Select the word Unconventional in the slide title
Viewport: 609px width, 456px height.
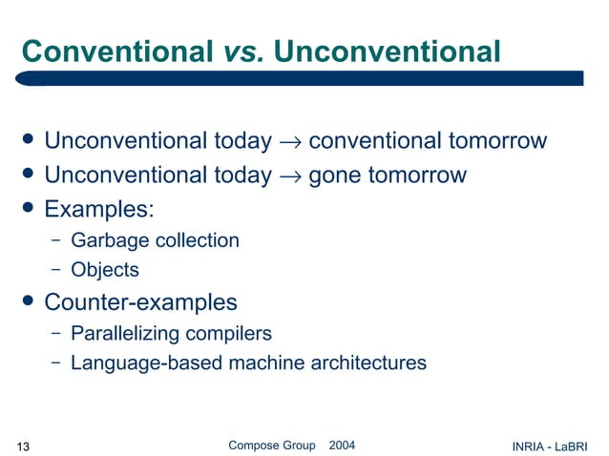[x=387, y=52]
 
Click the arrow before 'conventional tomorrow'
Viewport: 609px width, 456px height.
[x=290, y=143]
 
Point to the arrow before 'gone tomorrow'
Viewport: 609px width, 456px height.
[x=290, y=176]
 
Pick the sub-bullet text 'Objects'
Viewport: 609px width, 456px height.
[x=105, y=271]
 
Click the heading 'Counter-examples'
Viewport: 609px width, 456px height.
[x=141, y=303]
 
